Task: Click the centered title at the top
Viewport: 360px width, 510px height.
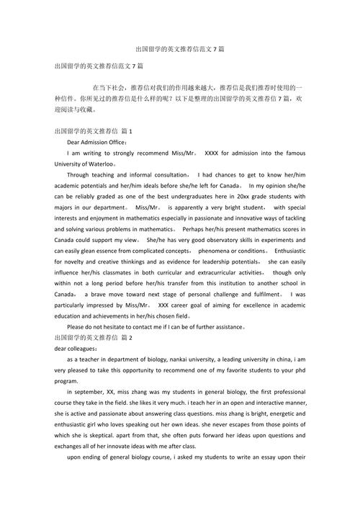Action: point(180,48)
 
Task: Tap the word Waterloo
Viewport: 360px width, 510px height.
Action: point(98,164)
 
